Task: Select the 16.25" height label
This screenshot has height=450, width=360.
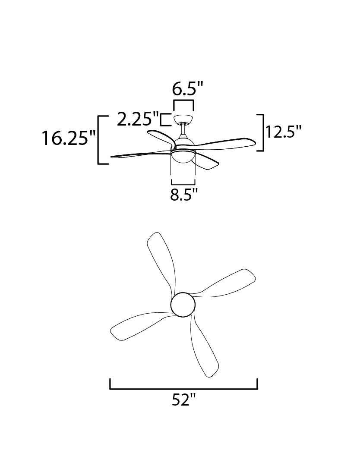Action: point(69,138)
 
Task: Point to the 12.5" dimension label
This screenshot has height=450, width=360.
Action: point(283,132)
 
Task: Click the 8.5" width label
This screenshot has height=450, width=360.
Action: point(184,195)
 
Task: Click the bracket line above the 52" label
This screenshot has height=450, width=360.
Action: point(184,389)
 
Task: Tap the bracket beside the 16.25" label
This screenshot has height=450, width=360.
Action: point(99,140)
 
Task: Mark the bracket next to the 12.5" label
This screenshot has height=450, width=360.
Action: point(263,132)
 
